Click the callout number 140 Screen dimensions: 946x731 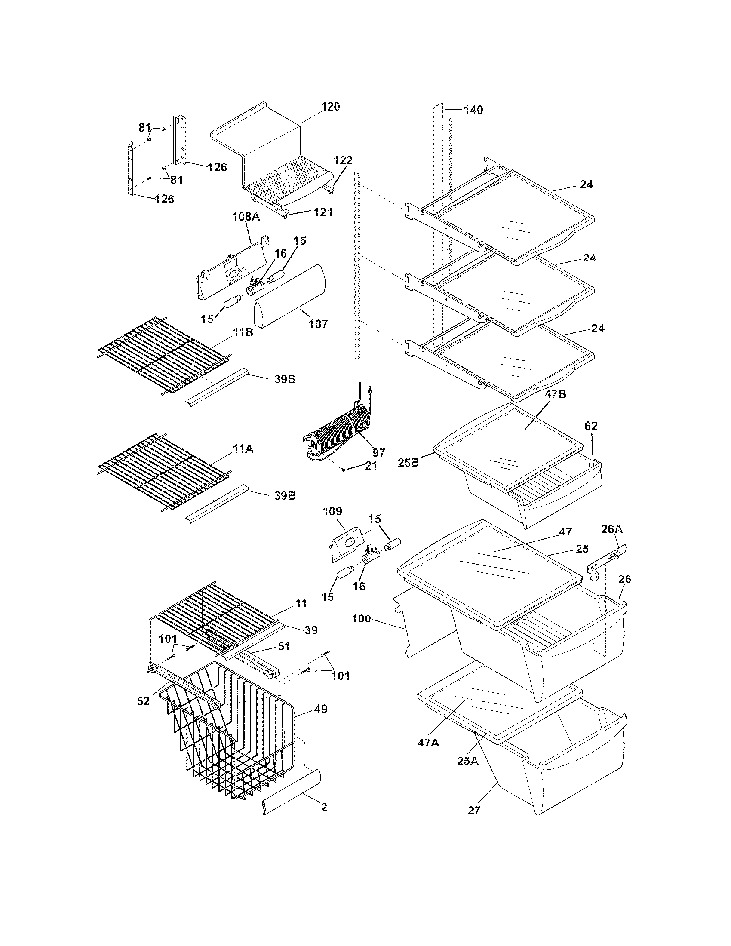(473, 110)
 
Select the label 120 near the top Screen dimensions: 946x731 (330, 106)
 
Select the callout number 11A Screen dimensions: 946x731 (243, 449)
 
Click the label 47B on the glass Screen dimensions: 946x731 (556, 394)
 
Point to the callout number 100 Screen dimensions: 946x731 (361, 618)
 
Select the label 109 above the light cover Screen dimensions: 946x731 (332, 511)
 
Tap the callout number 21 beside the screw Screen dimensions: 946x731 (371, 466)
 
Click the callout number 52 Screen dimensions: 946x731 (143, 701)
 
